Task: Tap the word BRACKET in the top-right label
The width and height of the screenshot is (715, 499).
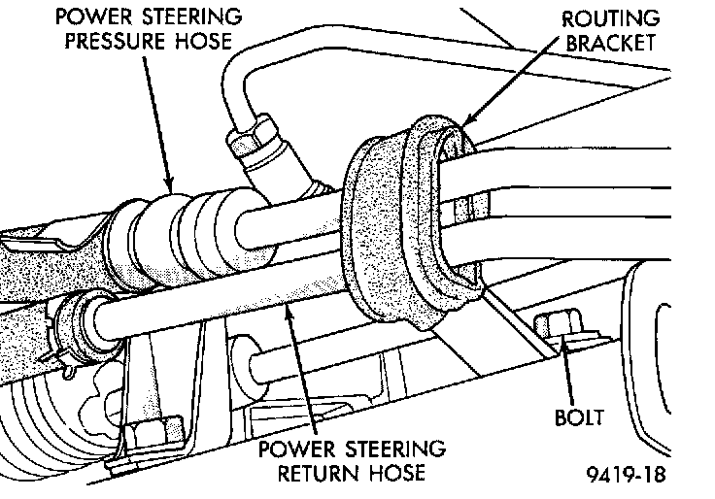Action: [611, 43]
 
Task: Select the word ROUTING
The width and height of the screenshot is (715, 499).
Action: [611, 19]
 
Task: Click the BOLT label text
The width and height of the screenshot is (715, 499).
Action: [579, 417]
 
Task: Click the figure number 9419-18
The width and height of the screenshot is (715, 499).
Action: [626, 475]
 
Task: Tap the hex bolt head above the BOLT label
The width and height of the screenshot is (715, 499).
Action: [558, 324]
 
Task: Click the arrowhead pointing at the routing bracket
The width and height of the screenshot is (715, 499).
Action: [468, 118]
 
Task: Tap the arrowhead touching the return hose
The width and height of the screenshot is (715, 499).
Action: [288, 313]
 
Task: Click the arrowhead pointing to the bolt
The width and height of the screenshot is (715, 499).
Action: [564, 347]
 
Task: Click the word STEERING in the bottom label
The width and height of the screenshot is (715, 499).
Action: [394, 449]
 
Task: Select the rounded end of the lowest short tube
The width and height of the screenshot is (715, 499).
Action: [256, 363]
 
